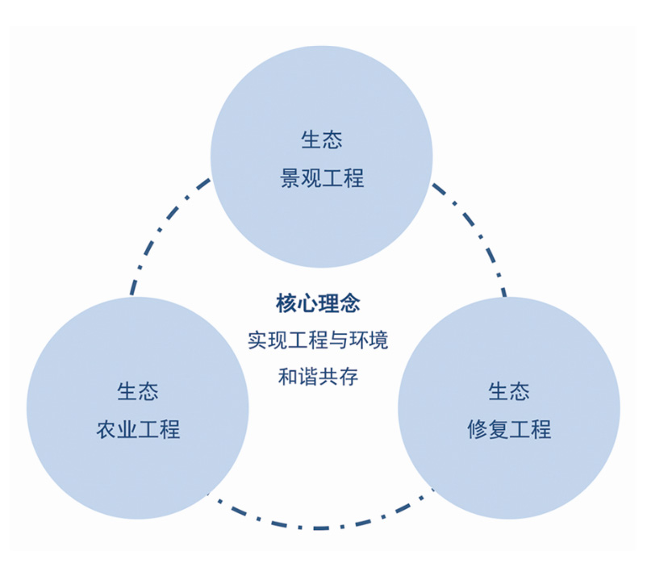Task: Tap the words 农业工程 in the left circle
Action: coord(138,429)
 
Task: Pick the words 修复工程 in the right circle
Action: coord(509,429)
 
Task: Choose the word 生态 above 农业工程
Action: coord(138,392)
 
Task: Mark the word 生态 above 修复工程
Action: coord(509,392)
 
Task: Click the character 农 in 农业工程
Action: coord(106,429)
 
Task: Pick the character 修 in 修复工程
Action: coord(478,429)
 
